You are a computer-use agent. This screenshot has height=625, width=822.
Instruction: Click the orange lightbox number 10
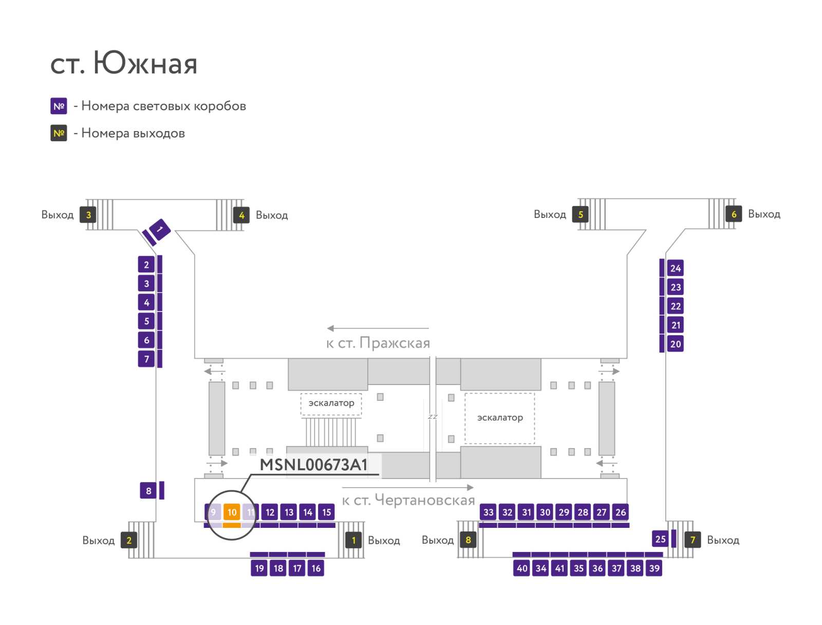coord(232,511)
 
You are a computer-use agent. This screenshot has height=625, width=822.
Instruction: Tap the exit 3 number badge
coord(88,214)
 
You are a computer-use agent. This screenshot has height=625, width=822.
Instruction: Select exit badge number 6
coord(734,214)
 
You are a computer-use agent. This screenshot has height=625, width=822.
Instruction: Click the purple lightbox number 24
coord(675,268)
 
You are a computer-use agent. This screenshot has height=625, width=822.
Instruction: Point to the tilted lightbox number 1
coord(160,229)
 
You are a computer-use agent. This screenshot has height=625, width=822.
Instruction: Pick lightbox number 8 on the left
coord(148,490)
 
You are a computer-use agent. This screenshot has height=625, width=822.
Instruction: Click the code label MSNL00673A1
coord(313,465)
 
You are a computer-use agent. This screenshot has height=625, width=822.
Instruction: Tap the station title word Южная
coord(145,63)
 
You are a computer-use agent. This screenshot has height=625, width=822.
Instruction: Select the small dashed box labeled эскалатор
coord(331,404)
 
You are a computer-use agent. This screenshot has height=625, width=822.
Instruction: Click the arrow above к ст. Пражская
coord(378,328)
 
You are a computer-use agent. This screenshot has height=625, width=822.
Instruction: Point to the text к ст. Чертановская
coord(408,500)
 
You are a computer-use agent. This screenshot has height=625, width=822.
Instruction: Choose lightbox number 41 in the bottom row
coord(559,568)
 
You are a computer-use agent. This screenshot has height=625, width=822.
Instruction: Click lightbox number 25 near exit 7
coord(660,539)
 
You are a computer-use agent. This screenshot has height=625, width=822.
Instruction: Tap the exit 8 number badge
coord(468,540)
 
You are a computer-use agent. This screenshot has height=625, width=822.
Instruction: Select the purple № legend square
coord(59,106)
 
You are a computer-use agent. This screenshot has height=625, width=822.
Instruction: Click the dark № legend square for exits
coord(59,133)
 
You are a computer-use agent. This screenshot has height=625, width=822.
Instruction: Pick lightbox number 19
coord(259,568)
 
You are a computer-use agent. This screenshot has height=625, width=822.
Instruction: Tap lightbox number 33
coord(489,512)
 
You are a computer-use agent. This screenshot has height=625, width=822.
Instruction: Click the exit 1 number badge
coord(353,540)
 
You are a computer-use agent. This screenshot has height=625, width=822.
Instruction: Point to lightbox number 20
coord(675,344)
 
